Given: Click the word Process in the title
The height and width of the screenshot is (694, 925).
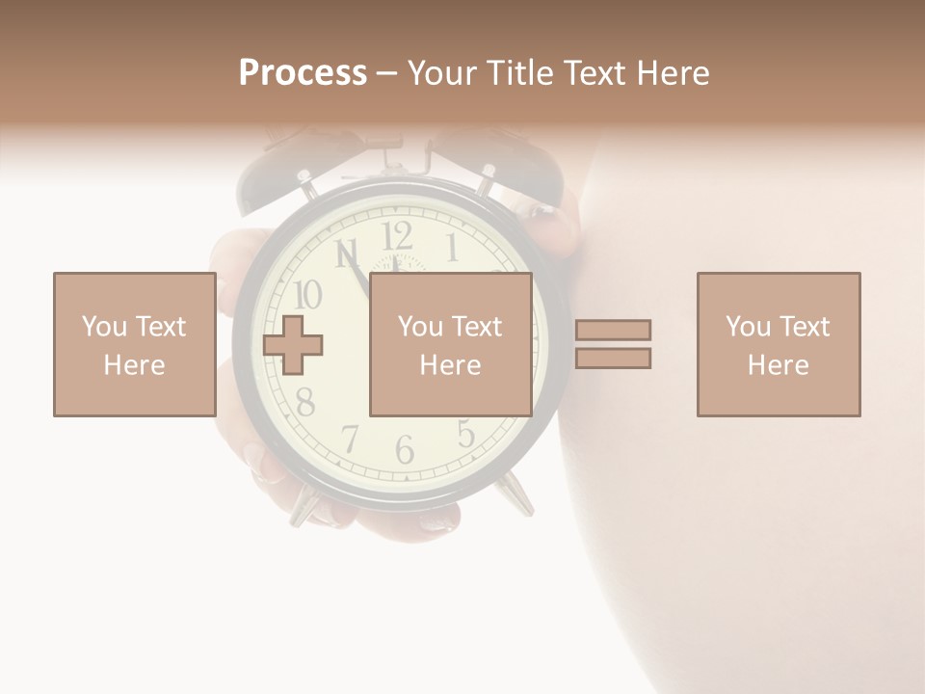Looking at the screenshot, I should (x=303, y=73).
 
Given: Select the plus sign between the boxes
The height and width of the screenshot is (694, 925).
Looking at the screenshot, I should (x=293, y=344).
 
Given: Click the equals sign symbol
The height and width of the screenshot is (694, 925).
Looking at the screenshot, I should (x=613, y=344).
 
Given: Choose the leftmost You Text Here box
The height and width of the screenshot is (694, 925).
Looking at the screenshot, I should (x=134, y=344).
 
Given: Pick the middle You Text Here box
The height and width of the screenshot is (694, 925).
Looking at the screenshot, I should (x=450, y=344).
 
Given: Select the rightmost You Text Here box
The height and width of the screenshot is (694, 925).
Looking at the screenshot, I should (x=778, y=344).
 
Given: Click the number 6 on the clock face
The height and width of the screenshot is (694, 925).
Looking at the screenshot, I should (x=405, y=449).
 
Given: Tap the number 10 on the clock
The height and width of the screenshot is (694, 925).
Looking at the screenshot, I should (x=306, y=294).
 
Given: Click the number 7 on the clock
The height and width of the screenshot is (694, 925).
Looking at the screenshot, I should (x=350, y=439).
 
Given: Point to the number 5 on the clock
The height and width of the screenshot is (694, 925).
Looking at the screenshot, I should (x=466, y=435).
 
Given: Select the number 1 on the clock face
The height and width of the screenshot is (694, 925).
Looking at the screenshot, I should (x=451, y=247).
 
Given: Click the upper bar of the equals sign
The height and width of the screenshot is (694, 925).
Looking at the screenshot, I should (x=613, y=330).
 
